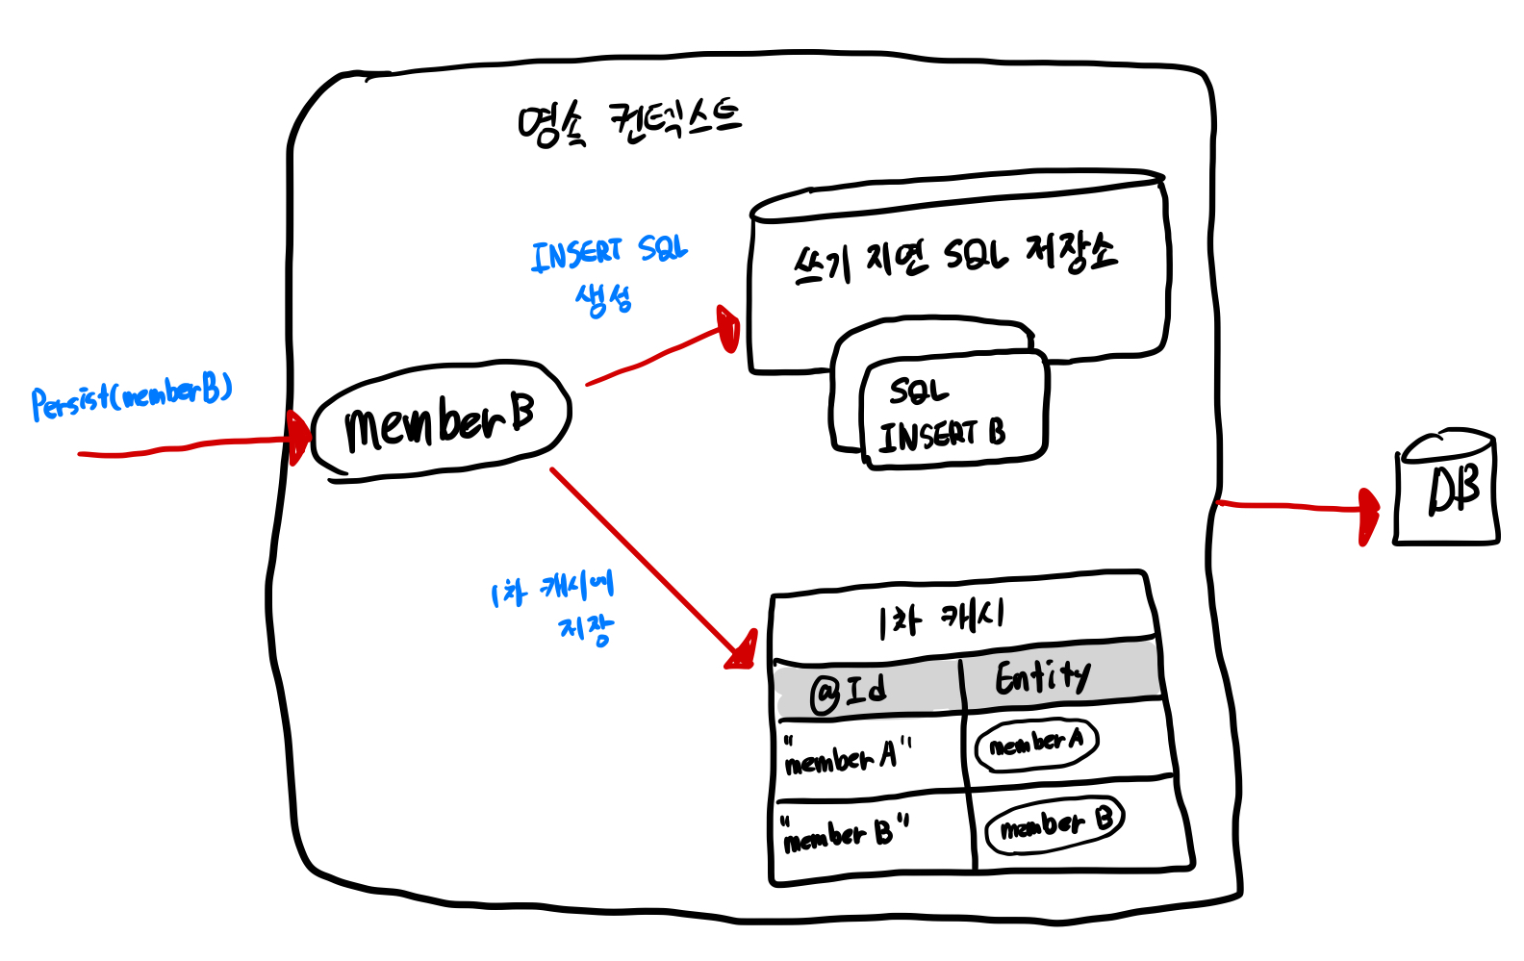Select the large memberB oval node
click(442, 420)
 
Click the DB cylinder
click(1447, 489)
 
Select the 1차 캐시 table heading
click(942, 618)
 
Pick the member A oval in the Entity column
click(1036, 743)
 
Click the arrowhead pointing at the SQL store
click(728, 329)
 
